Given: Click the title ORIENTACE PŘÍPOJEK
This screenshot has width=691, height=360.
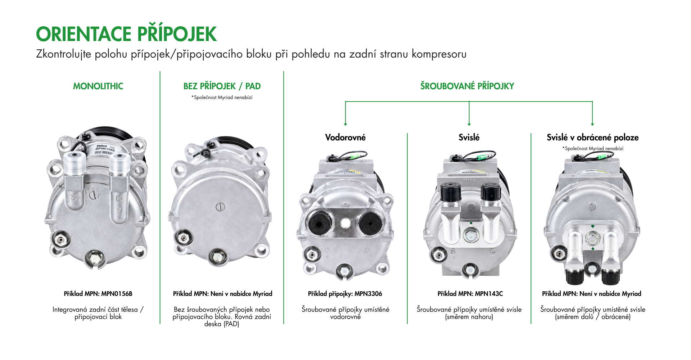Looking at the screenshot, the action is coord(126,34).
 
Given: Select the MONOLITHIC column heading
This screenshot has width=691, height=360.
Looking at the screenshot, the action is coord(98,86).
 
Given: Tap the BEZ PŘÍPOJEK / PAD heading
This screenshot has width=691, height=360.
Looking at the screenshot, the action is coord(222,86).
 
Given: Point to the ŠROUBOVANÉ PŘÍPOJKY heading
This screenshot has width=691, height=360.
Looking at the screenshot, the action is coord(467,86).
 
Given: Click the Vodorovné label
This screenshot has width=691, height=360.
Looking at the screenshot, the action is coord(345,138).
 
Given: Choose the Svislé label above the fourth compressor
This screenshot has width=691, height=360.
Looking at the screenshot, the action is coord(469,138).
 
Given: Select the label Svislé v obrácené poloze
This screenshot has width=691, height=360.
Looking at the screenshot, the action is coord(593,138).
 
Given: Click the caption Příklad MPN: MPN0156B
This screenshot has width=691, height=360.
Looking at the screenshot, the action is coord(98,294).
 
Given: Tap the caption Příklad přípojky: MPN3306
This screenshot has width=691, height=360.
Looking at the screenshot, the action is coord(345,294).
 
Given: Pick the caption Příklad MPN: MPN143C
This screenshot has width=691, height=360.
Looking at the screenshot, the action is coord(470,294).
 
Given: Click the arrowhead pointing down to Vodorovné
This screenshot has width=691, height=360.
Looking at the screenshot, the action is coord(345,124).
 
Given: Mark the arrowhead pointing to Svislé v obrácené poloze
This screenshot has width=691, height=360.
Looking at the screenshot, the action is coord(592,124).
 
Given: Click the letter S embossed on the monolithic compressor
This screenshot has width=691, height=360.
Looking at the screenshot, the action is coord(74,197).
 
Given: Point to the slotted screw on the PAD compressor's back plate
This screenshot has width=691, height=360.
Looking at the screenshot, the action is coord(220,207).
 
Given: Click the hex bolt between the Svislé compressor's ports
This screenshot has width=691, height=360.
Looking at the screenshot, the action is coord(470,235).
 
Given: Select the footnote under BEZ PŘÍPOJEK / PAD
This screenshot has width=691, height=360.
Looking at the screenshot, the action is coord(222,98).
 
